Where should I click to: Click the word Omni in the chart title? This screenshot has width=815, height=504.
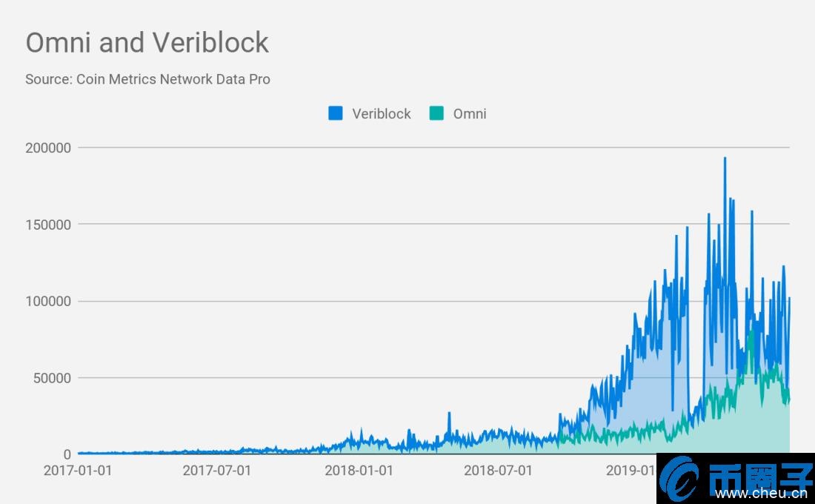click(x=59, y=43)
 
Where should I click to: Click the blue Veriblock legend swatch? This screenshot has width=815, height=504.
click(x=336, y=113)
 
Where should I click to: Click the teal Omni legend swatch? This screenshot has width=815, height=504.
click(x=436, y=113)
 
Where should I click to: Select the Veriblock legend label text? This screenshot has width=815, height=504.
click(x=381, y=113)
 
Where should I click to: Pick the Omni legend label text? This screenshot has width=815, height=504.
click(x=470, y=113)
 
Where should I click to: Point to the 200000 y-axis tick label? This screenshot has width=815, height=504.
click(x=48, y=147)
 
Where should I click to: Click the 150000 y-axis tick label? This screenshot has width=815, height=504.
click(x=48, y=224)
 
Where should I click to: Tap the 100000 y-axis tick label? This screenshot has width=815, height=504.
click(x=48, y=301)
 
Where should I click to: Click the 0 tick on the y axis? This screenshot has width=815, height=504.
click(x=67, y=454)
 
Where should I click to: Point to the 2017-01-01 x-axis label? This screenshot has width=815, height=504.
click(x=78, y=470)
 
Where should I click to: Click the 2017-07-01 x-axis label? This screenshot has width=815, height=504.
click(x=217, y=470)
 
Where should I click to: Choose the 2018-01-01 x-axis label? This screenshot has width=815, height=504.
click(x=358, y=470)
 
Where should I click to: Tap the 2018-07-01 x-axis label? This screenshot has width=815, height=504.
click(x=498, y=470)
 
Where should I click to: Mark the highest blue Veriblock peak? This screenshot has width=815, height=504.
click(x=725, y=159)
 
